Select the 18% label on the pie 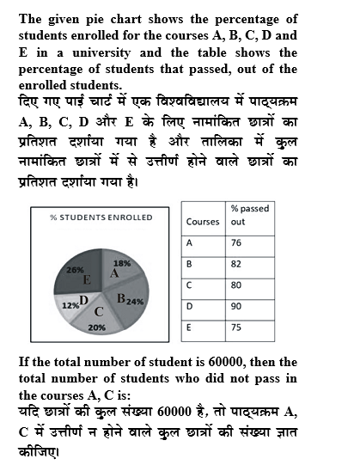pyautogui.click(x=122, y=263)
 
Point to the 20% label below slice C pyautogui.click(x=96, y=327)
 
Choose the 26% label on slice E pyautogui.click(x=64, y=269)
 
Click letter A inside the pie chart pyautogui.click(x=113, y=272)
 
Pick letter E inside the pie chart pyautogui.click(x=87, y=279)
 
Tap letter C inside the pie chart pyautogui.click(x=99, y=310)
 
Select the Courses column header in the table pyautogui.click(x=203, y=222)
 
